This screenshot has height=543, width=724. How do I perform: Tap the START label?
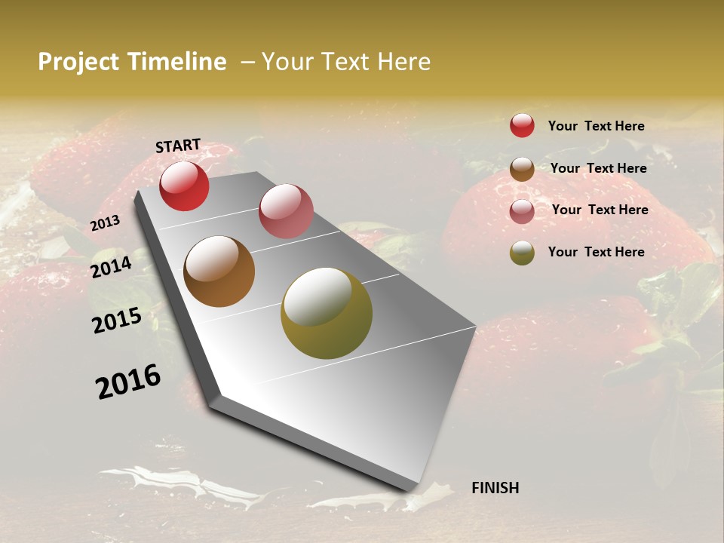[x=178, y=146]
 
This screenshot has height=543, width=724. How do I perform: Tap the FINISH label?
[x=495, y=488]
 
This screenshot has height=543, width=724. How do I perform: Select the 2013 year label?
[x=106, y=223]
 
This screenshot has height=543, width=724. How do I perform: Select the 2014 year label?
[x=112, y=267]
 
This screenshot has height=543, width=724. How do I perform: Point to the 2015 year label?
[x=117, y=321]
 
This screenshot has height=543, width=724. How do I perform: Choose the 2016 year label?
[x=129, y=382]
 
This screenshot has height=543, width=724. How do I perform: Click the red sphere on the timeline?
[x=184, y=186]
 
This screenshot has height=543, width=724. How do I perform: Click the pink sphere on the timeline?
[x=286, y=210]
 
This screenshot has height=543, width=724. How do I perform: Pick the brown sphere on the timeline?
[x=219, y=271]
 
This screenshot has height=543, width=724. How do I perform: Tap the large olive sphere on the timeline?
[x=327, y=313]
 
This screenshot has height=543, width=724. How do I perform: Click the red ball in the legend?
[x=522, y=125]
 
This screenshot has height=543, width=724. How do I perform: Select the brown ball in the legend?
[x=522, y=168]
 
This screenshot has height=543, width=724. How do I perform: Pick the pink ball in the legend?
[x=522, y=210]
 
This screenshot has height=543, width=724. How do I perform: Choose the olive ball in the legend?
[x=522, y=253]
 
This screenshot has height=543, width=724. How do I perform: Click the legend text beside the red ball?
[x=596, y=126]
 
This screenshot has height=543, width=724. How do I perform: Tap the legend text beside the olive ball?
[x=596, y=252]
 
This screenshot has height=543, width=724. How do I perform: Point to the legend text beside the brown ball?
[x=598, y=168]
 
